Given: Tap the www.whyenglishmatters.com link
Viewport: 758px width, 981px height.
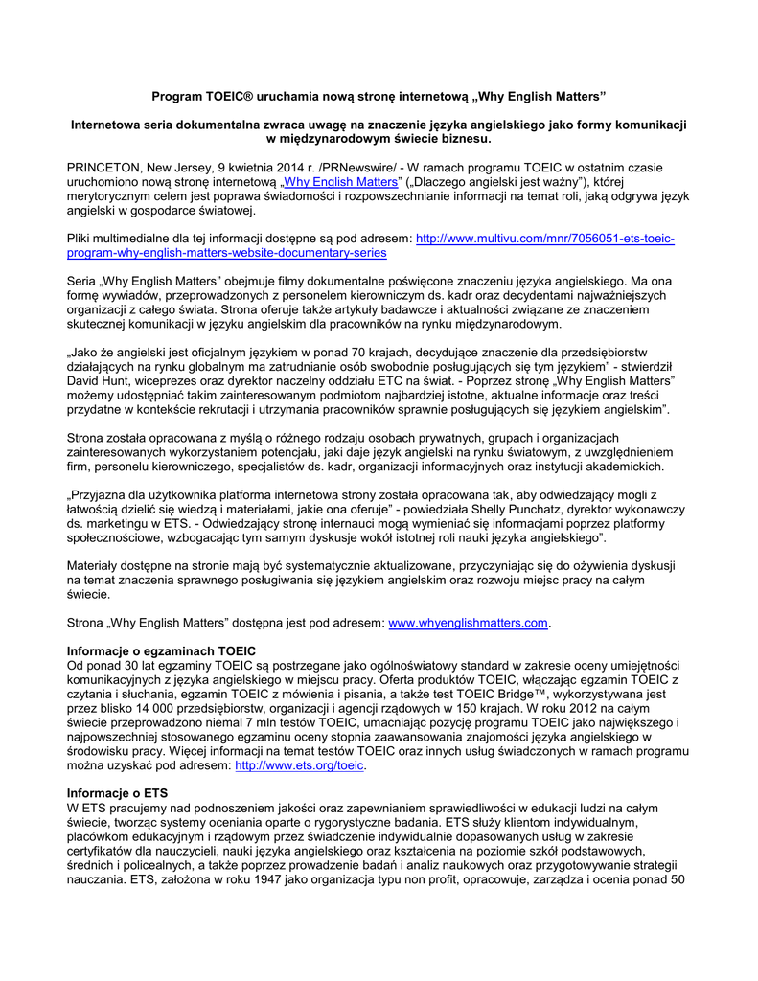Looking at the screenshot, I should [x=468, y=624].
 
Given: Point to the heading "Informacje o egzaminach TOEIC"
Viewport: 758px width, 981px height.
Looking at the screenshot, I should [x=162, y=651].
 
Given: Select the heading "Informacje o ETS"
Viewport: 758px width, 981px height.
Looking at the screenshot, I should [x=117, y=793].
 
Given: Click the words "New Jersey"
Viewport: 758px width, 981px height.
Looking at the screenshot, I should [x=181, y=168].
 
